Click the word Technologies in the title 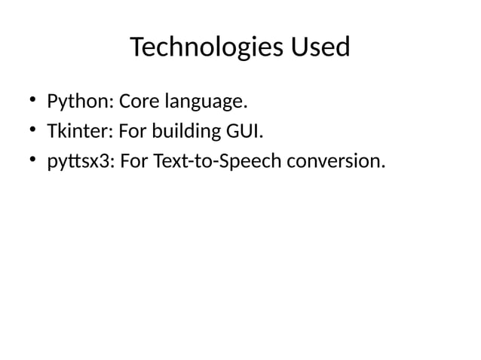click(x=204, y=48)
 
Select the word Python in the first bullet click(x=78, y=101)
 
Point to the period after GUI click(x=262, y=137)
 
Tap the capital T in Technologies click(x=137, y=48)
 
